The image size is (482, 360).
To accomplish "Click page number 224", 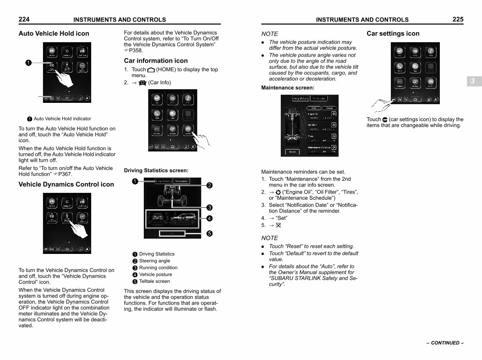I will coord(24,19).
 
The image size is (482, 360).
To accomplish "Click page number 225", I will coord(457,19).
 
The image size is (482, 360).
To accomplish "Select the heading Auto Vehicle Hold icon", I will coord(54,33).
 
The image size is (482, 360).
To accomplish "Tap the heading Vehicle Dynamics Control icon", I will coord(66,184).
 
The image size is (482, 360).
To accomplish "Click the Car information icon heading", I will coord(156,61).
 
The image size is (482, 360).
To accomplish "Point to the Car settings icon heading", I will coord(393,33).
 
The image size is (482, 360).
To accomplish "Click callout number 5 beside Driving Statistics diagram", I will coord(209,233).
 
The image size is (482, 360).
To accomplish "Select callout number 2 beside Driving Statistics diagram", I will coord(209,185).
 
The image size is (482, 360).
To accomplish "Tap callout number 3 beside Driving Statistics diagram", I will coord(209,207).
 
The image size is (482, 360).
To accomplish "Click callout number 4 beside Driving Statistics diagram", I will coord(209,218).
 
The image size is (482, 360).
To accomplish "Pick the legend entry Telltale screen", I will coord(154,281).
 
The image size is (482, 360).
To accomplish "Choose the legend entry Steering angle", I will coord(154,261).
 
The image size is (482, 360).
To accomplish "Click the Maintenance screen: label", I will coord(288,88).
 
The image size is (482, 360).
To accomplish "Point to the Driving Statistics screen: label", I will coord(156,171).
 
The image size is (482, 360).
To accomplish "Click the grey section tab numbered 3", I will coord(473,81).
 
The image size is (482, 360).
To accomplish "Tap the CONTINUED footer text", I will coord(445,343).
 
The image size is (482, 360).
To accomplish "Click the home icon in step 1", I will coord(151,70).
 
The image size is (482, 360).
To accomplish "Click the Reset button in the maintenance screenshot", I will coord(292,152).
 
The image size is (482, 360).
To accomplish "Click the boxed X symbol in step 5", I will coord(278,225).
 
